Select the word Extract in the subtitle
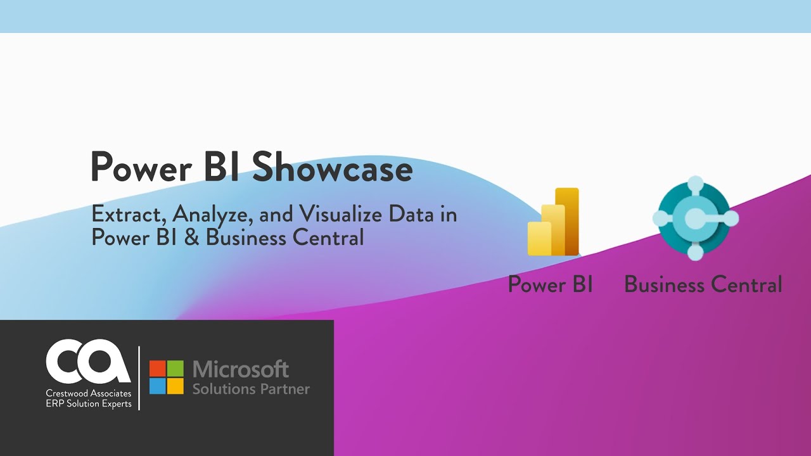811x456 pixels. click(129, 215)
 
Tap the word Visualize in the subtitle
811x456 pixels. click(333, 215)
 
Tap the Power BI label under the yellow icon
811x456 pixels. click(550, 284)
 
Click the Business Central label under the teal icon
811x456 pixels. click(703, 284)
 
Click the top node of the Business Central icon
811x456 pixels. click(695, 184)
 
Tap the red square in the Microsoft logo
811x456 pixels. click(157, 369)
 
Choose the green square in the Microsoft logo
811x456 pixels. click(176, 369)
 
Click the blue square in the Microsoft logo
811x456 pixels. click(157, 386)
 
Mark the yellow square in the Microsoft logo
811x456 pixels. click(176, 386)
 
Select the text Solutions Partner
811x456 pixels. click(251, 388)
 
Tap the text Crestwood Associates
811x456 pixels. click(89, 394)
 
